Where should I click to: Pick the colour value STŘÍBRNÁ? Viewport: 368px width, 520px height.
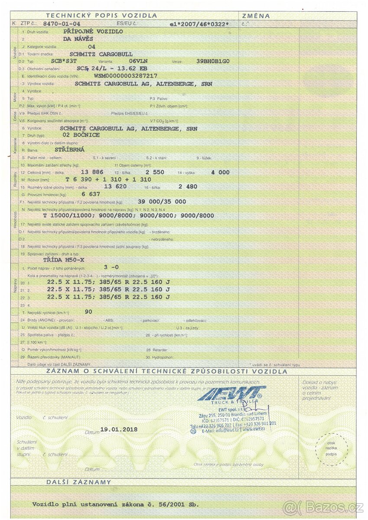coord(70,149)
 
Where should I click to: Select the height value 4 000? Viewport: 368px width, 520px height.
coord(220,172)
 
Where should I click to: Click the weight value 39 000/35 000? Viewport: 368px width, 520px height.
coord(162,201)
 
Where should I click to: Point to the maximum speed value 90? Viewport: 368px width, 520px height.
coord(88,312)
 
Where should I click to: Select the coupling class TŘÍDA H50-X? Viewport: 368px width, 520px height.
coord(64,260)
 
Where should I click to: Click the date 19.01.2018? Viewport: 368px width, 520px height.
coord(119,429)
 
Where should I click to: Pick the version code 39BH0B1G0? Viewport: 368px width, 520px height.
coord(213,61)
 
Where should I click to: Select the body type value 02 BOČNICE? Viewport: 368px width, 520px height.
coord(81,135)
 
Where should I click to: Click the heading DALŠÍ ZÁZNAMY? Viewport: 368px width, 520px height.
coord(79,482)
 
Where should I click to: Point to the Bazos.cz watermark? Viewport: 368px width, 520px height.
coord(323,507)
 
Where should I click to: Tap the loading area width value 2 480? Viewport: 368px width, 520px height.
coord(188,187)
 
